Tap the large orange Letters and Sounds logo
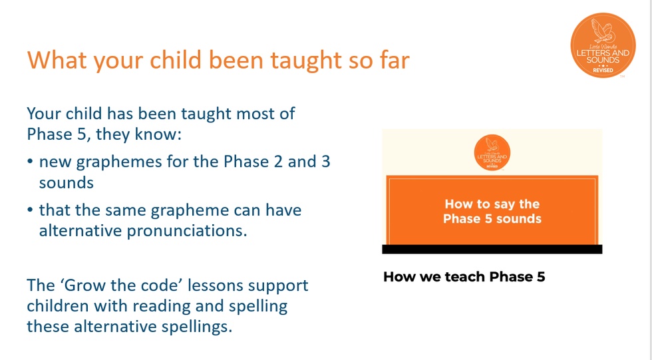click(603, 45)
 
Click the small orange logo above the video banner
click(492, 152)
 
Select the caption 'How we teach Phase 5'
click(464, 276)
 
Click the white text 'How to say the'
click(492, 204)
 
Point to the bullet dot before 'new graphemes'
click(30, 161)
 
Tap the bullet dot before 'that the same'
click(30, 210)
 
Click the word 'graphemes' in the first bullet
click(119, 162)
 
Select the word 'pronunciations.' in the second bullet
click(187, 231)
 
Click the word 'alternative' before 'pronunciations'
click(81, 230)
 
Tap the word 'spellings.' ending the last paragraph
click(197, 327)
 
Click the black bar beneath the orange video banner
click(492, 249)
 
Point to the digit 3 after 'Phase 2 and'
click(326, 161)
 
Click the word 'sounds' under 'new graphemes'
click(67, 183)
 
